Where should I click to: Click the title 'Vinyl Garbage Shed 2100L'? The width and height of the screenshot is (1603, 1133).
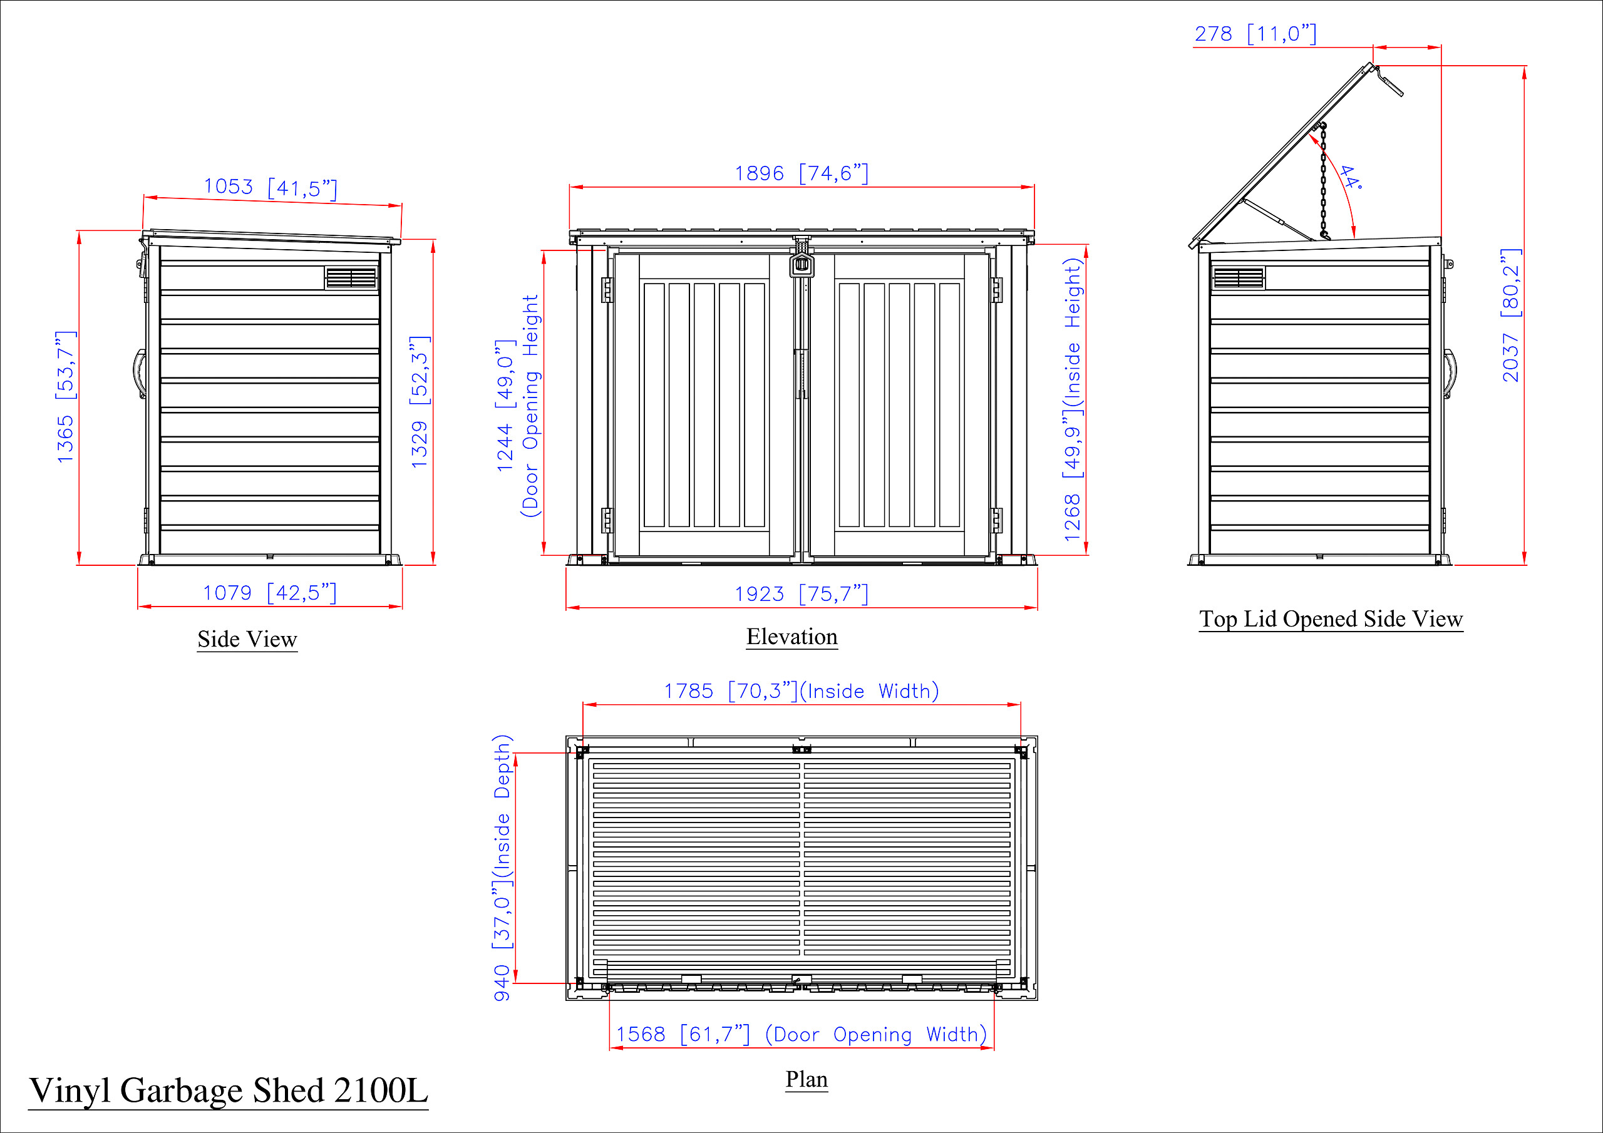tap(229, 1090)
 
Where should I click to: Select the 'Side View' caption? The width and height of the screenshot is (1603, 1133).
tap(247, 638)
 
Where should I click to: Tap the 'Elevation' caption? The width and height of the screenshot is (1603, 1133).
tap(791, 636)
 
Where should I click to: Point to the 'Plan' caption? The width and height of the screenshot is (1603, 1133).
tap(807, 1079)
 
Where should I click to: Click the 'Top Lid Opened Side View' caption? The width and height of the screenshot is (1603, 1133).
tap(1331, 619)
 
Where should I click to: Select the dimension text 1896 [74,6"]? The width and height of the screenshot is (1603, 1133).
tap(801, 173)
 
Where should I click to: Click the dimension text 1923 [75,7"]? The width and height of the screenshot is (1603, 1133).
tap(801, 594)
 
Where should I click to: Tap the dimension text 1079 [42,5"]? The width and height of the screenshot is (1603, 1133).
tap(269, 593)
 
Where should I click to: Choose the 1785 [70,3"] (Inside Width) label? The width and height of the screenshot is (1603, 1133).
tap(801, 691)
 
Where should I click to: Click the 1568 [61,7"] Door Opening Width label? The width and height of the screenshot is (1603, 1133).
tap(801, 1034)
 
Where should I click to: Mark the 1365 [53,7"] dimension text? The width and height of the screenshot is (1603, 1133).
tap(66, 396)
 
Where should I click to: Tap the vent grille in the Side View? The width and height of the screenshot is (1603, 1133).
tap(351, 278)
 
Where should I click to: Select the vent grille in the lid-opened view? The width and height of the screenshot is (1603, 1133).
tap(1239, 278)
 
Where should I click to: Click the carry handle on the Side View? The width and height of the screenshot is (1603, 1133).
tap(139, 374)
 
